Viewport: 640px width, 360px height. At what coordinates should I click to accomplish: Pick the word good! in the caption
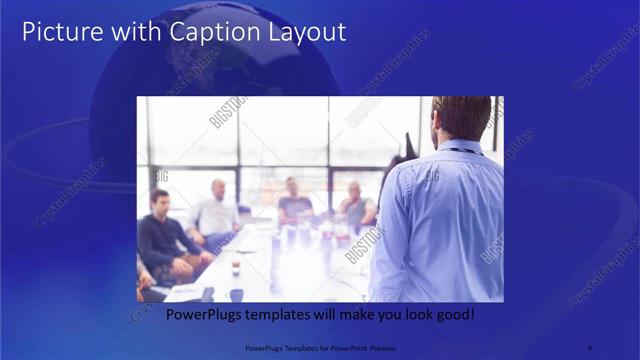[x=455, y=314]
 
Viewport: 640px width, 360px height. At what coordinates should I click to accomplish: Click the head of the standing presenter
[x=461, y=118]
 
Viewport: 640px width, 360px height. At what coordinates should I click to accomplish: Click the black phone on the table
[x=207, y=294]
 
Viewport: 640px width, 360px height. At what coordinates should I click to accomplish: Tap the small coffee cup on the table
[x=235, y=265]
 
